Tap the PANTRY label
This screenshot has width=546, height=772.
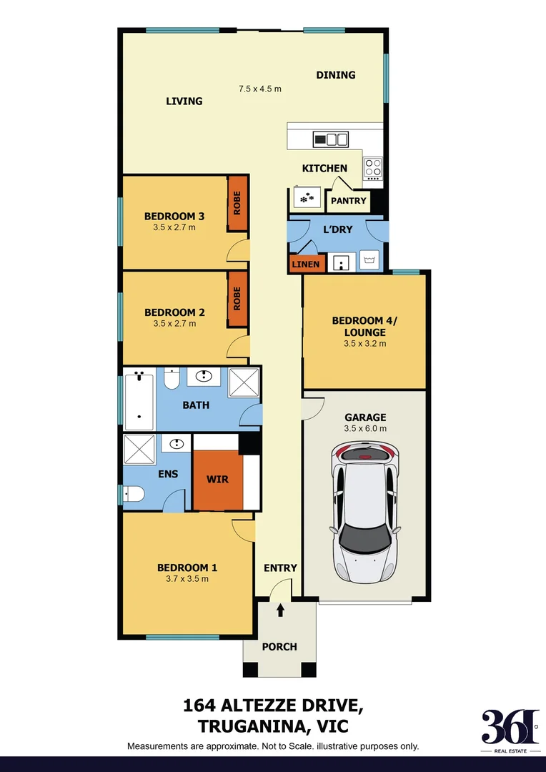tap(348, 201)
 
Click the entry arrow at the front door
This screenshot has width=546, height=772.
tap(280, 610)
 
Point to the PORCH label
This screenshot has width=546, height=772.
tap(279, 647)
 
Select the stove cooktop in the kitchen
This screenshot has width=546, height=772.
tap(373, 168)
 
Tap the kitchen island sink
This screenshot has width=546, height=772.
tap(331, 139)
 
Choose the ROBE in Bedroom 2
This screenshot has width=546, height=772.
tap(237, 299)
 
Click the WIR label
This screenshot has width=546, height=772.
tap(217, 478)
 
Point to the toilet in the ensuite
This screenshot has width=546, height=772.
tap(133, 494)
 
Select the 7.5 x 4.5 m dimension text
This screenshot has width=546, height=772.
tap(260, 89)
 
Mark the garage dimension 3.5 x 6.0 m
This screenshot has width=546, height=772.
tap(365, 429)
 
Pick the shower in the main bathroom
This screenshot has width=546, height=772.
tap(244, 385)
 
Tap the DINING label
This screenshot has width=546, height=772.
tap(336, 75)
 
